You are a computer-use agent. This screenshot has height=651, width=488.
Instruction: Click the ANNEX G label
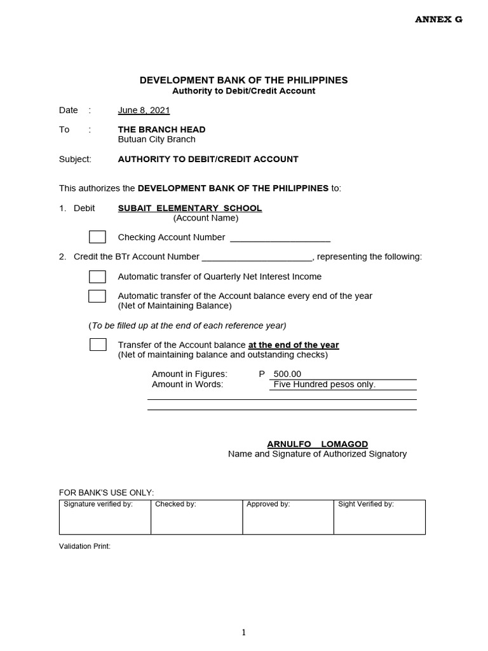(x=438, y=20)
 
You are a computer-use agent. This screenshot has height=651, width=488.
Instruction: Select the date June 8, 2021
(x=144, y=111)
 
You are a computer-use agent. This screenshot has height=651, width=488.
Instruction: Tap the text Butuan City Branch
(x=156, y=139)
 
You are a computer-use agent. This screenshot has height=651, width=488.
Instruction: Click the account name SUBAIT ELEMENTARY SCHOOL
(x=190, y=209)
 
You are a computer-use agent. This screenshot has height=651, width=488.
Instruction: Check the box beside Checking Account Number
(x=97, y=237)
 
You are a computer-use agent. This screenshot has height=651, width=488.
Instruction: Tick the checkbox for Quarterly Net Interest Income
(x=97, y=277)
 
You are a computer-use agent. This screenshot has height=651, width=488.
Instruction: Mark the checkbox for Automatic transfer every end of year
(x=97, y=296)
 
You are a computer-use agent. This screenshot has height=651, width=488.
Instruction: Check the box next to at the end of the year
(x=98, y=345)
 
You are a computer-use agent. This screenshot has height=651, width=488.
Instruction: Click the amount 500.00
(x=287, y=374)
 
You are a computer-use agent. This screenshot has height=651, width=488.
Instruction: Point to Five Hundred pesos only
(x=325, y=385)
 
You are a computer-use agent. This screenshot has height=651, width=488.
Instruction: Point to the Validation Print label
(x=85, y=546)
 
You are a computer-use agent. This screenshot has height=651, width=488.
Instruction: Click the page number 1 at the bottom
(x=244, y=632)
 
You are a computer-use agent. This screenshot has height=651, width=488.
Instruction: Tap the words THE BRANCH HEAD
(x=161, y=130)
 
